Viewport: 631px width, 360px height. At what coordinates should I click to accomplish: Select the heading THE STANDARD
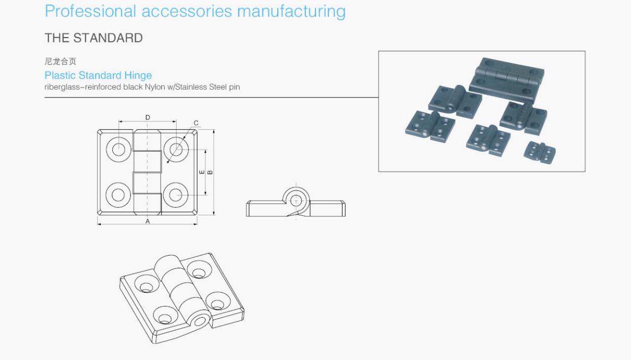click(93, 38)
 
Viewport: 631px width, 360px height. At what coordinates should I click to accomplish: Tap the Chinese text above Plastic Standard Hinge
click(60, 62)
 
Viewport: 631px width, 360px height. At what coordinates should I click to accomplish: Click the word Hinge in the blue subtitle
click(138, 75)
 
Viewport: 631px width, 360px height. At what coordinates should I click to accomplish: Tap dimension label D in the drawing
click(147, 117)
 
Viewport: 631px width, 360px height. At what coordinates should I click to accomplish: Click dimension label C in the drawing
click(196, 124)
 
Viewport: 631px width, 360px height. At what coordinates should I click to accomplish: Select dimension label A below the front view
click(147, 222)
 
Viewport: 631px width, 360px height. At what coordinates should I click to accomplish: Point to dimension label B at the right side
click(210, 172)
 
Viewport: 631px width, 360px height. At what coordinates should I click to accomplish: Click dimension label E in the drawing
click(201, 172)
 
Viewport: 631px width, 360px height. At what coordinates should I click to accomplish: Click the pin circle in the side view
click(295, 200)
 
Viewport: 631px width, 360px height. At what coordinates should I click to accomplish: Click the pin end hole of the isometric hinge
click(202, 321)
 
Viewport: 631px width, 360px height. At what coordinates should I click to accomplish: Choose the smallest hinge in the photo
click(539, 152)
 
